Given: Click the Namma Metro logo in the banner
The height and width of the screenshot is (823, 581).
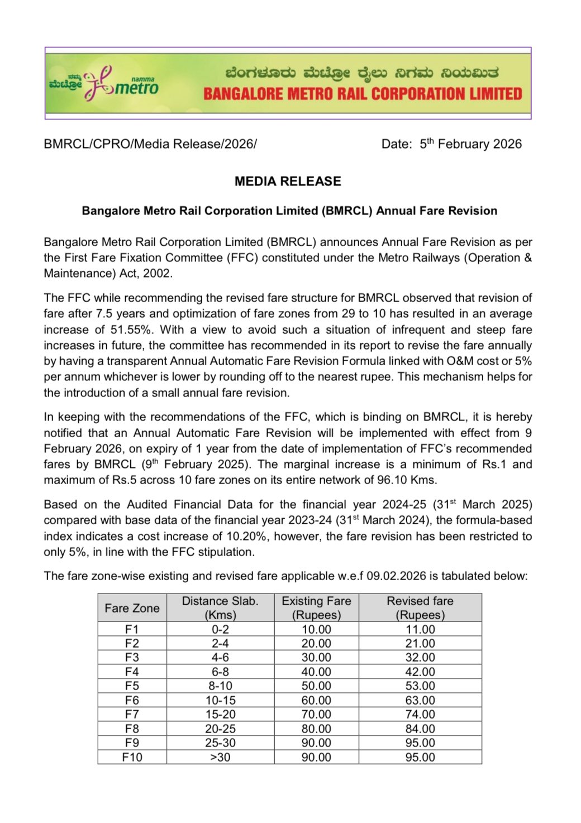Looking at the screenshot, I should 104,84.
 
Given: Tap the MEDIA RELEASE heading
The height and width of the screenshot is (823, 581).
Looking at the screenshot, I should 288,181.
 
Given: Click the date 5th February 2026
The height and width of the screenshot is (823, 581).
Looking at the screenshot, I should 470,144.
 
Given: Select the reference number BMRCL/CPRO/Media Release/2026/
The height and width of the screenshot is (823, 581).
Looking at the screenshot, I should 150,144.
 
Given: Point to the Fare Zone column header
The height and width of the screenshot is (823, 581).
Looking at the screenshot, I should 132,608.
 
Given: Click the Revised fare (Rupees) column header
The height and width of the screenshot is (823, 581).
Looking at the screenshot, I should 420,608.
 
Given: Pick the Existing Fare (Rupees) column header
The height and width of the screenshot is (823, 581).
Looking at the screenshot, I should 316,608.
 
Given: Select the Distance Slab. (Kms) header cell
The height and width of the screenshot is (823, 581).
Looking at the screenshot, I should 220,608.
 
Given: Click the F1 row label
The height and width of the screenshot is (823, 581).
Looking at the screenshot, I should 132,629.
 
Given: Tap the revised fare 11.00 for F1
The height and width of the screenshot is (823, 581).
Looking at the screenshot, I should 420,629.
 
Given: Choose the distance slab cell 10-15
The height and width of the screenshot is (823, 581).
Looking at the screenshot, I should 220,700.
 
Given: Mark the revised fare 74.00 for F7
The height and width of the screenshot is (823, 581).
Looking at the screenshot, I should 420,714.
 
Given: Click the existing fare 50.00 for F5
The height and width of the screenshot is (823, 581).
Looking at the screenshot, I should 316,686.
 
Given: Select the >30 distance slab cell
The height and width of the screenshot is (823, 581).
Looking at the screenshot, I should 220,757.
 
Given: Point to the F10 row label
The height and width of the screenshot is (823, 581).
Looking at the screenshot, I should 132,757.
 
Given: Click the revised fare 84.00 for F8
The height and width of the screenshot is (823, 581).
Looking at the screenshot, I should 420,729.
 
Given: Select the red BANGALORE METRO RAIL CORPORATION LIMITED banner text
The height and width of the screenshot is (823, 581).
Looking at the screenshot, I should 363,94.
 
